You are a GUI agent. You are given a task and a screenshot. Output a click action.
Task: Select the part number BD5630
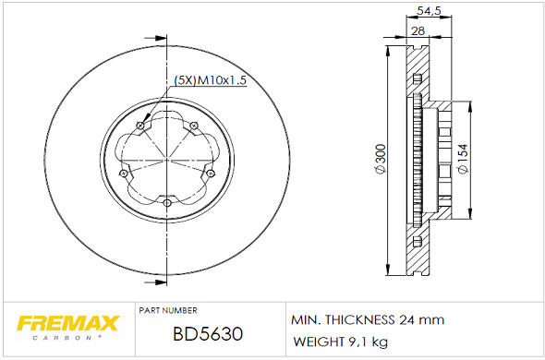pos(208,334)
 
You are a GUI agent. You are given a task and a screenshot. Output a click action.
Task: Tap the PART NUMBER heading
pos(168,310)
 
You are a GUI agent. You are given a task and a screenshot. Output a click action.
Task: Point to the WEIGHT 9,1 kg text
pos(340,342)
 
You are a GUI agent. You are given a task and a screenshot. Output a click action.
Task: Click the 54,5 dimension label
pos(429,11)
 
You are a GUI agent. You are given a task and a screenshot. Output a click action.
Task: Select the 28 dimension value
pos(418,31)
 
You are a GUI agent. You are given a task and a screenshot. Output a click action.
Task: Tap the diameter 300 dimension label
pos(381,160)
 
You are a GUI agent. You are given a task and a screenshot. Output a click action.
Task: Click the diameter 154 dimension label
pos(464,159)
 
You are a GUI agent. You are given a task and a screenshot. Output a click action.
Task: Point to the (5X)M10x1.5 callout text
pos(210,80)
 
